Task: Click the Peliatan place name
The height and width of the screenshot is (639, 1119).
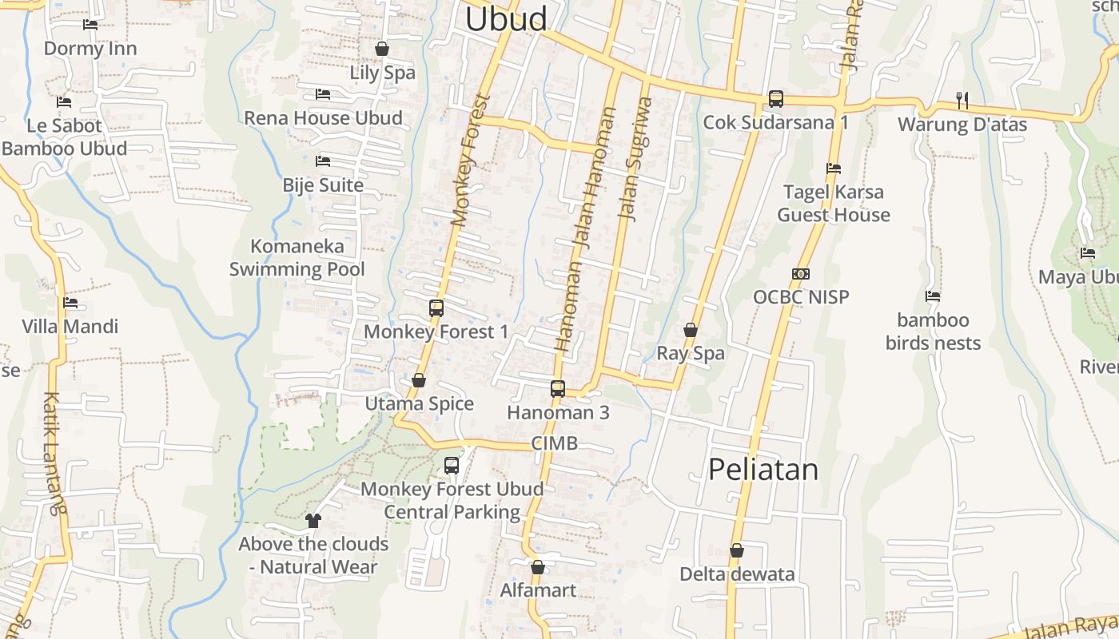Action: tap(763, 470)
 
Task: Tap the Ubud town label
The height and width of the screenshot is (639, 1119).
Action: tap(506, 19)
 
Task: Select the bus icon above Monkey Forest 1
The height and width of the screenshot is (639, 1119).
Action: tap(436, 308)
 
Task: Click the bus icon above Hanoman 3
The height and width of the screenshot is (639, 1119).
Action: tap(558, 389)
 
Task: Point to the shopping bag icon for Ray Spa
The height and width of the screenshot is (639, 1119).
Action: tap(691, 330)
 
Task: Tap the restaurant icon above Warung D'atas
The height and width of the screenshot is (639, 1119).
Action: tap(962, 100)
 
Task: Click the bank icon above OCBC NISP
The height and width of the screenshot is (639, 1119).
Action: tap(801, 274)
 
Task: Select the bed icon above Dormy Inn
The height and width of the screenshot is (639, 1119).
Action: tap(90, 25)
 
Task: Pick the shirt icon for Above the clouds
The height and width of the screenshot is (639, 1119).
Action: tap(313, 521)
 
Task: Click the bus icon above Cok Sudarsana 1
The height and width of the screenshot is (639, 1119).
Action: tap(776, 99)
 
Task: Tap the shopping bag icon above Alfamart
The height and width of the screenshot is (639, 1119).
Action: tap(538, 567)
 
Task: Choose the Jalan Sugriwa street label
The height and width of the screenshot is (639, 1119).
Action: tap(636, 160)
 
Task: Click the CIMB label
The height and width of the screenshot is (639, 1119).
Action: tap(554, 443)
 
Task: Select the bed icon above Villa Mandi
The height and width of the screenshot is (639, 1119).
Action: tap(70, 303)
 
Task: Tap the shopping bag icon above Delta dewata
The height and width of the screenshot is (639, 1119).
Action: tap(737, 550)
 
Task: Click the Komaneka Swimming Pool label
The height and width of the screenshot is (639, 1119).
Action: tap(297, 257)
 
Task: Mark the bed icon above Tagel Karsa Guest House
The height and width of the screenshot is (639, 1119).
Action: tap(834, 169)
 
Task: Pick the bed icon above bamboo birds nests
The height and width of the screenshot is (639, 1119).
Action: tap(933, 296)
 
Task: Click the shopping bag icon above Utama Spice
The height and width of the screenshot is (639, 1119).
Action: tap(419, 380)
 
